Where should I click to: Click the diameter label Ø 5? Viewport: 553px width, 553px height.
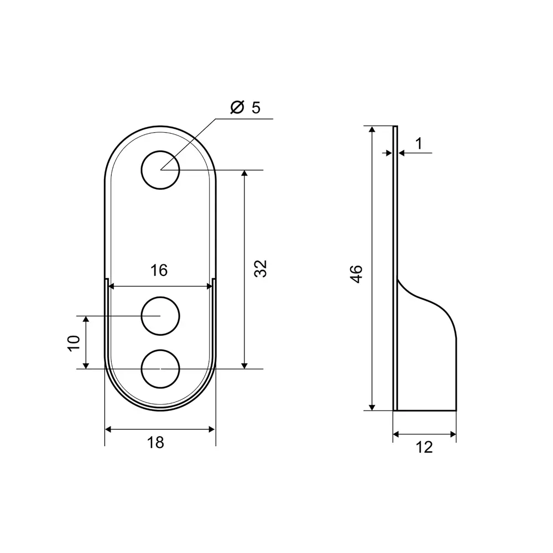point(245,107)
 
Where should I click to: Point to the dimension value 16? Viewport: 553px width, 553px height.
point(159,270)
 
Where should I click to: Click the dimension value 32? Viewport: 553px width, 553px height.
point(261,269)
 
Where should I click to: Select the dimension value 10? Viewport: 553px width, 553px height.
point(74,343)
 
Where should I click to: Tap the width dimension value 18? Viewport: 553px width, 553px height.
point(155,442)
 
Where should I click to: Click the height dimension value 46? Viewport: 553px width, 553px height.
point(357,274)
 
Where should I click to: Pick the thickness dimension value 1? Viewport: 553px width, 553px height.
point(419,144)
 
